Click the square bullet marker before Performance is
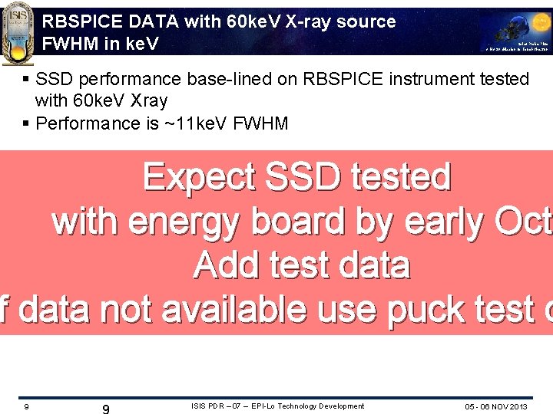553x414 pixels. click(27, 123)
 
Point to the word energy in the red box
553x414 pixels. click(182, 222)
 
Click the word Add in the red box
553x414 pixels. click(224, 266)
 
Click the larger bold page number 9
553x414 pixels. click(106, 409)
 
